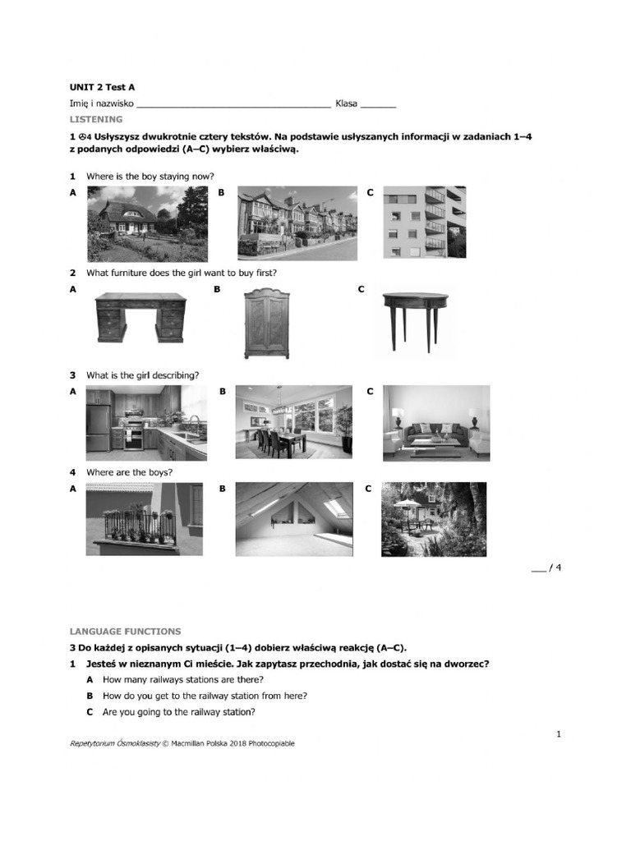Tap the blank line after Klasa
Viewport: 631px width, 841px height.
coord(378,106)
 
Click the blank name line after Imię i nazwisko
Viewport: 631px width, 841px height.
coord(234,106)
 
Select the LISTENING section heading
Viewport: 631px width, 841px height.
coord(96,119)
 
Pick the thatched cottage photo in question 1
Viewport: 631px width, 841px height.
coord(147,223)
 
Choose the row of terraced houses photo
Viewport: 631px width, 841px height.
coord(297,223)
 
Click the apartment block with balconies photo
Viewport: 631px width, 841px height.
coord(425,223)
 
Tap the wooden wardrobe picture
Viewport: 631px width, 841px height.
coord(267,323)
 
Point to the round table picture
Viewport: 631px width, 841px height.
coord(415,319)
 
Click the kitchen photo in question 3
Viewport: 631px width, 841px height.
coord(146,423)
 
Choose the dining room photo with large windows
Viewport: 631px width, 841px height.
coord(294,423)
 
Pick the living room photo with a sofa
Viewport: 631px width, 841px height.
coord(436,423)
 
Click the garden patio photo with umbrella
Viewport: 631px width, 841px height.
coord(434,519)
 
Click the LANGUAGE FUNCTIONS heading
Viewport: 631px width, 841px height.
coord(125,632)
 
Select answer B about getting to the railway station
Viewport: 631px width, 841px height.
coord(205,696)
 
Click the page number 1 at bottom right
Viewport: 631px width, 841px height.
coord(559,734)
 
